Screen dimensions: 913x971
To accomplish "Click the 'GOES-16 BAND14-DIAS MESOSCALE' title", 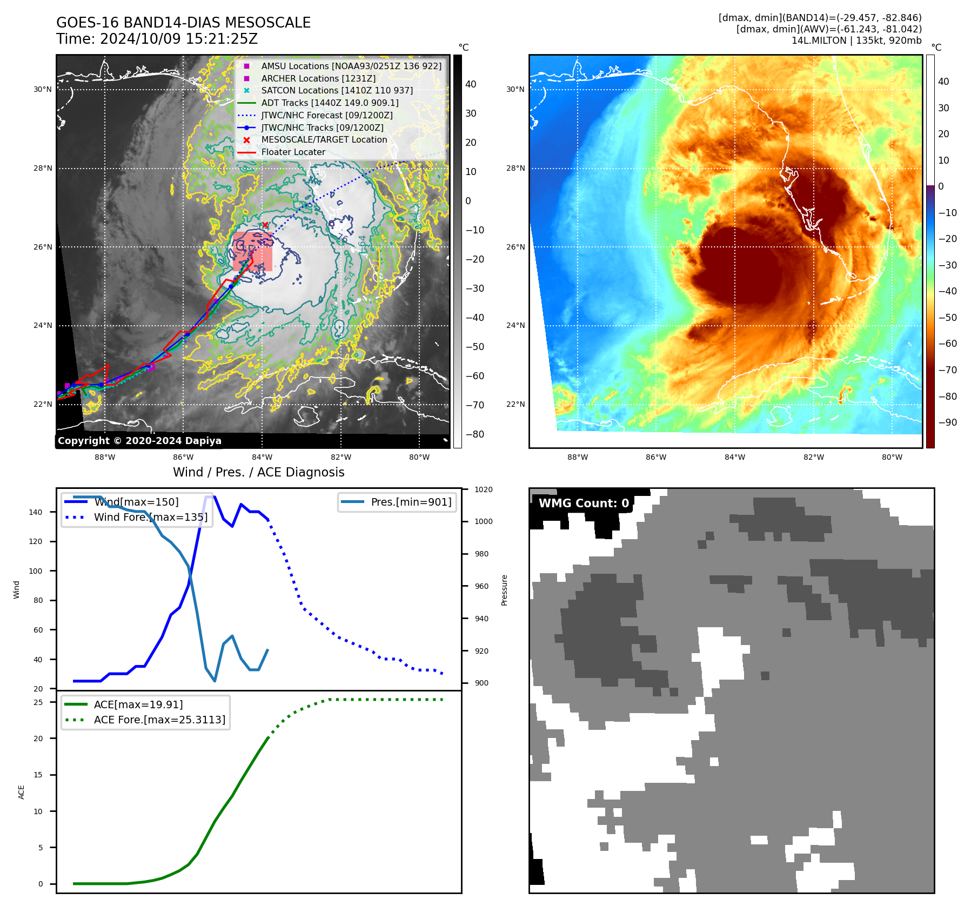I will pyautogui.click(x=183, y=23).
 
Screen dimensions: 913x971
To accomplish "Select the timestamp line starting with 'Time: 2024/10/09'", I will pyautogui.click(x=157, y=39).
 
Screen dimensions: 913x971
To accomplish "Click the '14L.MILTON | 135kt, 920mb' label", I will pyautogui.click(x=856, y=41).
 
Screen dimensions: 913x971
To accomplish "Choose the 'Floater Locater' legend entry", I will pyautogui.click(x=293, y=152).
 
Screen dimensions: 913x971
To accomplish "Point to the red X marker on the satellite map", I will pyautogui.click(x=265, y=225).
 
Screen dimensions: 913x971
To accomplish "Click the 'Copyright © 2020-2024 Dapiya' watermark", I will pyautogui.click(x=139, y=441).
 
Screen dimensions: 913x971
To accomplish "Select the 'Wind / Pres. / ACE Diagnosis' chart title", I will pyautogui.click(x=258, y=472).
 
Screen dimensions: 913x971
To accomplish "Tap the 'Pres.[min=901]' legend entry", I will pyautogui.click(x=411, y=502).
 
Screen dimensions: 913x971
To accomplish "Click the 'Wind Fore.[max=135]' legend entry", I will pyautogui.click(x=150, y=517).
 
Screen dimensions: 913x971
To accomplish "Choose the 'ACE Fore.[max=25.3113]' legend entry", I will pyautogui.click(x=159, y=720).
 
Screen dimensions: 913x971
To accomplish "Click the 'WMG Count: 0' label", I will pyautogui.click(x=584, y=504).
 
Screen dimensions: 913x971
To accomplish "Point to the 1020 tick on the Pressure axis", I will pyautogui.click(x=484, y=489).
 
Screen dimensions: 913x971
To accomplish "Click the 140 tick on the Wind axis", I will pyautogui.click(x=36, y=512).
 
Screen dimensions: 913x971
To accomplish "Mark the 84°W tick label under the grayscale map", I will pyautogui.click(x=262, y=457).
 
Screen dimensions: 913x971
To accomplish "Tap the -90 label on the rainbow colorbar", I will pyautogui.click(x=947, y=422).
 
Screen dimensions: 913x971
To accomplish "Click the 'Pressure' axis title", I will pyautogui.click(x=504, y=590).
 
